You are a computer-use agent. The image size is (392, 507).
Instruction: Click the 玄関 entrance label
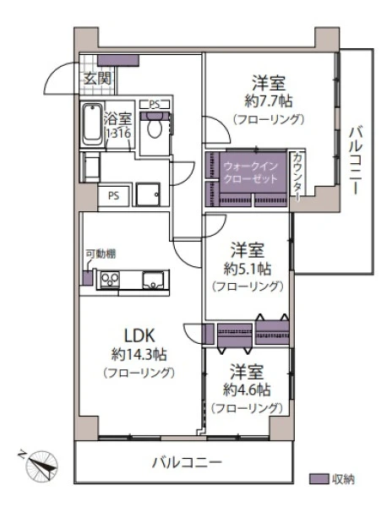point(98,79)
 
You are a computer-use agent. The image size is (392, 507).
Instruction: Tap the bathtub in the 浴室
point(92,124)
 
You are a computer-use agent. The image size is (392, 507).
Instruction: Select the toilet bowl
point(155,128)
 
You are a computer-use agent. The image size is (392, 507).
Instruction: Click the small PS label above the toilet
point(155,105)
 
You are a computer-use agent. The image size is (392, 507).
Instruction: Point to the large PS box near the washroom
point(114,196)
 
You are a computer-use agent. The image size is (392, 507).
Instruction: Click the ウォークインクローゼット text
point(250,172)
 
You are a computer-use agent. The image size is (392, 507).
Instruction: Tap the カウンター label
point(297,177)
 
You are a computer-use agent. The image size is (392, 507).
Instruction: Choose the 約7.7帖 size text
point(269,101)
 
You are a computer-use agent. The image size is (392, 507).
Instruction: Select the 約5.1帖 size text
point(248,269)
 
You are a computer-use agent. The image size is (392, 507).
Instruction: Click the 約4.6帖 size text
point(247,390)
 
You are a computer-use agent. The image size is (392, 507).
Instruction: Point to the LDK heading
point(140,336)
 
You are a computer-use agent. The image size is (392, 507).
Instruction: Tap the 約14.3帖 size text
point(139,355)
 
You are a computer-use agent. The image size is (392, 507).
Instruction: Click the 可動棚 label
point(101,254)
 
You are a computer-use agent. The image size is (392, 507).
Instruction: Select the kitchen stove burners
point(110,279)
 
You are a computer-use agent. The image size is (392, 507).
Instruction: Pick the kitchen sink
point(154,280)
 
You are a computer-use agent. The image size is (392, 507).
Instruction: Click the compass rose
point(41,466)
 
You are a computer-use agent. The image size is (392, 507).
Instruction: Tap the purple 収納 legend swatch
point(318,479)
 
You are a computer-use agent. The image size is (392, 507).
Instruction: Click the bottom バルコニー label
point(187,463)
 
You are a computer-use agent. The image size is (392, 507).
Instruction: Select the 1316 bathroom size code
point(118,134)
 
